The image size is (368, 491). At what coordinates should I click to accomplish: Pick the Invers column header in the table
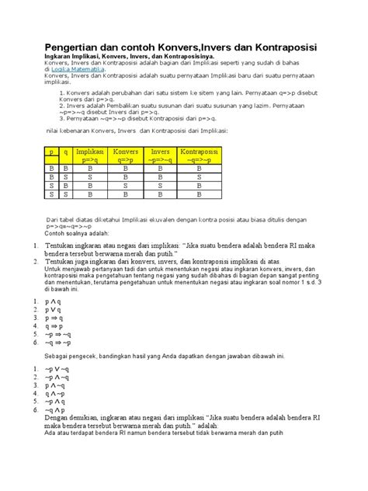[161, 155]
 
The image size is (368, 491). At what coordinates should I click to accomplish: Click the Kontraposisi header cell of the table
[200, 155]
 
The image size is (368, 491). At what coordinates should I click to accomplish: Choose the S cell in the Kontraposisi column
[200, 176]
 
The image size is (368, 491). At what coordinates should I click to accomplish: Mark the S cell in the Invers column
[161, 186]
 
